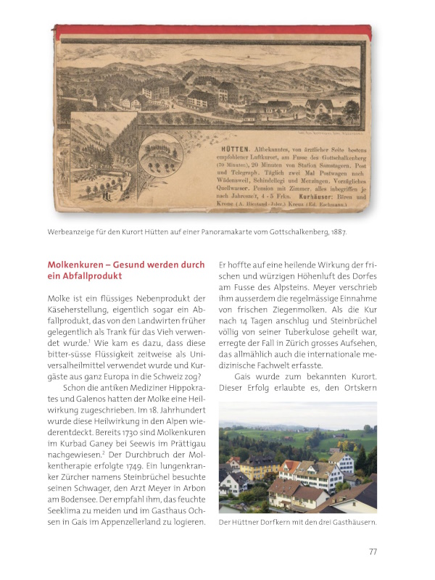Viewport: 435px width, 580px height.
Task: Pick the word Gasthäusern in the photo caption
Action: click(x=349, y=524)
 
